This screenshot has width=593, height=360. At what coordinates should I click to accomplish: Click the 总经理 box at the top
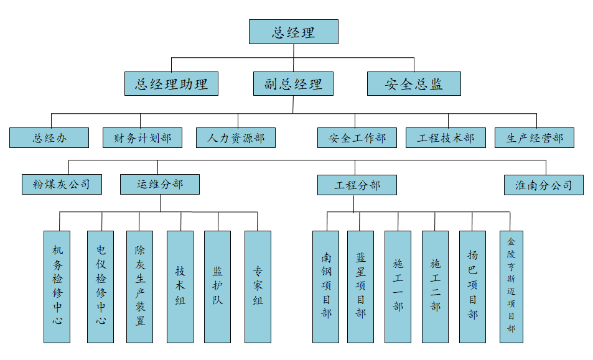point(293,32)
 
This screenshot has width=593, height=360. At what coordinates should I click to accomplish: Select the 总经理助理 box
point(171,83)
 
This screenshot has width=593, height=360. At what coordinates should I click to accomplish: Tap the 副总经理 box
point(293,83)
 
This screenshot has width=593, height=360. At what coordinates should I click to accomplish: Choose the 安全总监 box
point(414,83)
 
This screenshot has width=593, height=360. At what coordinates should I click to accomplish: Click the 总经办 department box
point(49,137)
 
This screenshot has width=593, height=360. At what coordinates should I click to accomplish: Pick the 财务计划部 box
point(142,137)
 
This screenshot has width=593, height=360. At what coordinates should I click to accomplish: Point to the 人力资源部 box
point(235,137)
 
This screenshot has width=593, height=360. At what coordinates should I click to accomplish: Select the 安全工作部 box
point(357,137)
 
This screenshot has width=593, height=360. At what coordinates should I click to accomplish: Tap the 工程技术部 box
point(446,137)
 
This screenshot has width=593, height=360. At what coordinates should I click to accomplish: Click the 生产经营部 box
point(535,137)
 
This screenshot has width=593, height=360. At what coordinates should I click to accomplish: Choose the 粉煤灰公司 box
point(62,184)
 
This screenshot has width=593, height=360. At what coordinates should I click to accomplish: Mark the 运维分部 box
point(160,184)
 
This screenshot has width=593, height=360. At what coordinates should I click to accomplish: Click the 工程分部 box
point(357,185)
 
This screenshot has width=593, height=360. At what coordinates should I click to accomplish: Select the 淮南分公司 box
point(544,185)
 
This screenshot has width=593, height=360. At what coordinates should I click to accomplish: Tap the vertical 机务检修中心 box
point(57,286)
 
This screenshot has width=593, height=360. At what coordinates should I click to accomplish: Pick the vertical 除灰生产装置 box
point(139,286)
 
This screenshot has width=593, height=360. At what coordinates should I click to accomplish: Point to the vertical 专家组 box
point(258,286)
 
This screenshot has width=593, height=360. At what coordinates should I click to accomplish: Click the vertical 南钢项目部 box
point(326,286)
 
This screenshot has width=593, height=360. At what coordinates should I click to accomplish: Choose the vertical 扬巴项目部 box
point(472,286)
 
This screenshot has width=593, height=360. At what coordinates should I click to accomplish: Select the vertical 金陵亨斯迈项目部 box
point(511,286)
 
